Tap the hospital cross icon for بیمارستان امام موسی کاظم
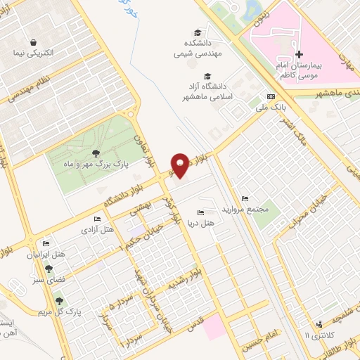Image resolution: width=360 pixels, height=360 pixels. click(x=299, y=54)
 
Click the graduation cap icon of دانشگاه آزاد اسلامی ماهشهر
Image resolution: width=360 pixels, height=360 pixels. click(x=207, y=77)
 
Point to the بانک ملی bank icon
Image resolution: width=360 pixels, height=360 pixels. click(x=271, y=97)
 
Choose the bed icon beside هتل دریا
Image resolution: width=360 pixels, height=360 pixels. click(x=201, y=212)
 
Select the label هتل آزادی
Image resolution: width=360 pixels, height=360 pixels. click(x=98, y=229)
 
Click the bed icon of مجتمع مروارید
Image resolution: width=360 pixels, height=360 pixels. click(x=244, y=199)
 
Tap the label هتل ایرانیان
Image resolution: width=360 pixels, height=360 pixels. click(x=50, y=254)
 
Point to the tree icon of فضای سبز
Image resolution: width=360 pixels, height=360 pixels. click(x=49, y=268)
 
